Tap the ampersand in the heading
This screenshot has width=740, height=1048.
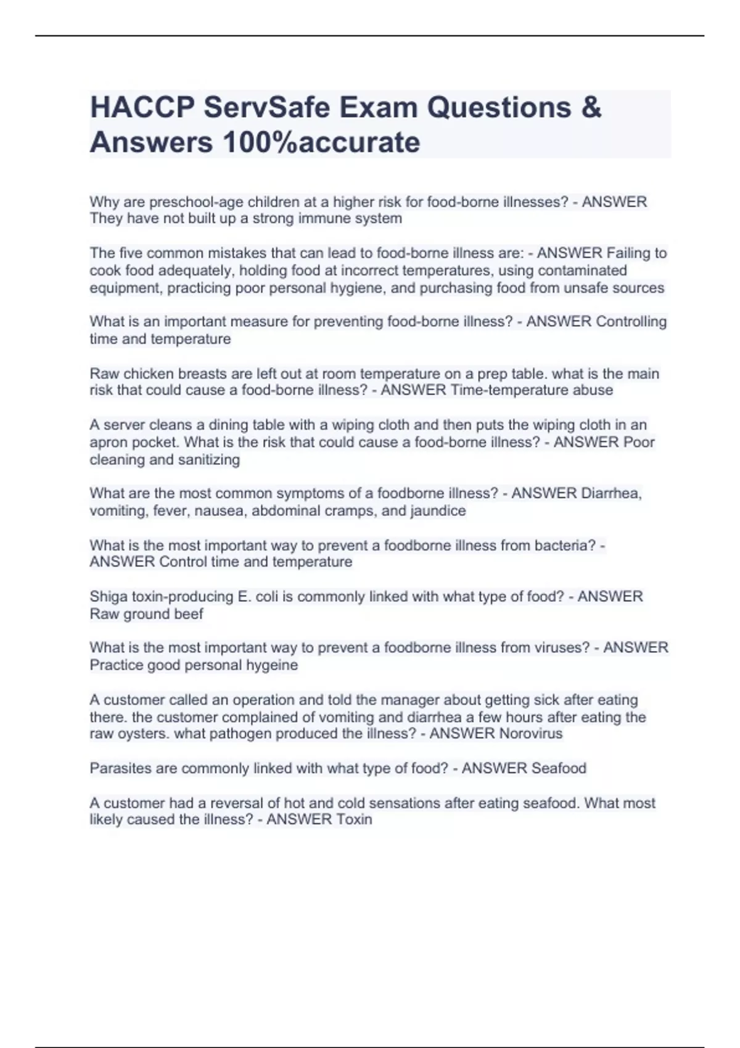tap(591, 108)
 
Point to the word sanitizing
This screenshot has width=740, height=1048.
tap(209, 459)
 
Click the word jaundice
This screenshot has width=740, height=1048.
tap(438, 510)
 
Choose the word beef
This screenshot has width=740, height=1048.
tap(189, 614)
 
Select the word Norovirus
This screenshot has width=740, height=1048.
tap(530, 734)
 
